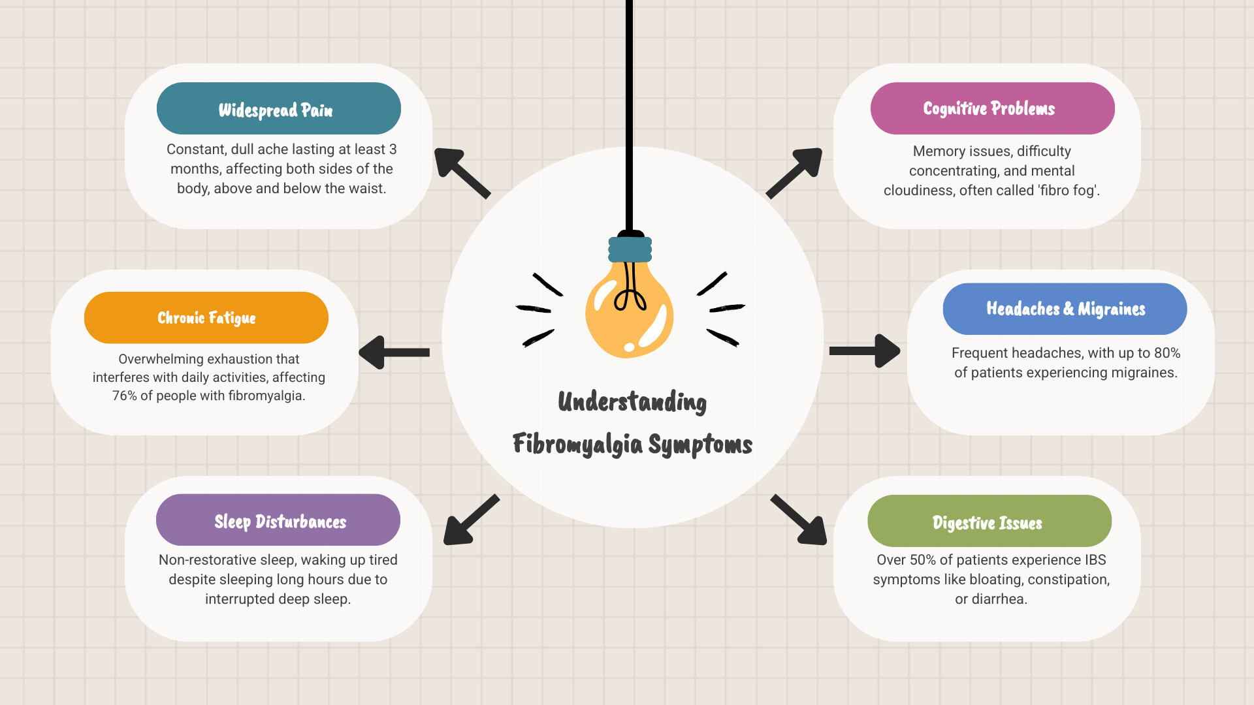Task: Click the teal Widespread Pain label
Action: [x=278, y=108]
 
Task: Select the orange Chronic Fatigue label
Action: [x=206, y=317]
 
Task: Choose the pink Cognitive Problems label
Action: [x=992, y=108]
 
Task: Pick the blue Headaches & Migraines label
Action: [x=1065, y=309]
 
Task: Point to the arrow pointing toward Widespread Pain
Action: [x=461, y=172]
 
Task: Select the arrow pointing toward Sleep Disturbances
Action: [x=470, y=520]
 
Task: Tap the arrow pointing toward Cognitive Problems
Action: [x=795, y=172]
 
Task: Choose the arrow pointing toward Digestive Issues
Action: [x=799, y=520]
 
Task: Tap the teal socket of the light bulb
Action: [x=630, y=249]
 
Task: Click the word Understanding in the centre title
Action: [x=632, y=401]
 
